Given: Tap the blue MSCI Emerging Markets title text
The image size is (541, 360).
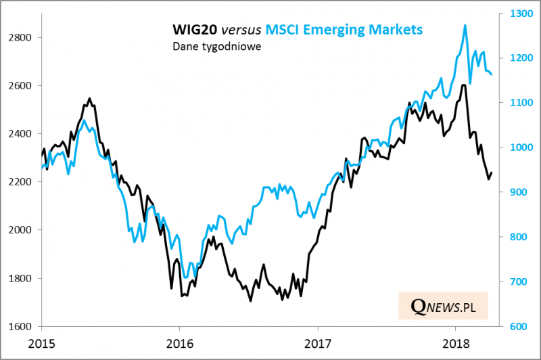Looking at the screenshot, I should click(344, 30).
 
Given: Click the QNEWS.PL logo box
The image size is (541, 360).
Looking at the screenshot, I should click(442, 307).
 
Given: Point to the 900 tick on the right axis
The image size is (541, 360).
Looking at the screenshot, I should click(514, 192).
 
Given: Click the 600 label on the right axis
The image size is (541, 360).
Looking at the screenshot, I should click(514, 326).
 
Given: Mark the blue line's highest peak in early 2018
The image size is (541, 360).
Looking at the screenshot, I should click(465, 25).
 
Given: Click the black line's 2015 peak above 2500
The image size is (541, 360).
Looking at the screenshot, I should click(89, 99).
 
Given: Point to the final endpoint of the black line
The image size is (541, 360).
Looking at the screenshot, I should click(492, 173).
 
